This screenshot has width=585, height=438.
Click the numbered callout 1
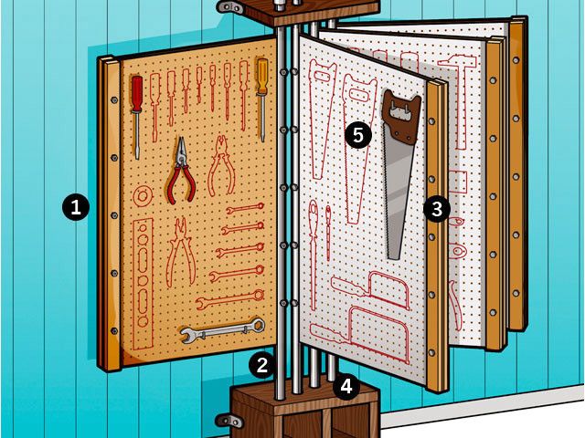pyautogui.click(x=76, y=207)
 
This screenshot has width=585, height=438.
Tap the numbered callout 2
pyautogui.click(x=262, y=365)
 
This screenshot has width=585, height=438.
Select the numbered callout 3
pyautogui.click(x=437, y=209)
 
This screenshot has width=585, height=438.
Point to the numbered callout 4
pyautogui.click(x=346, y=386)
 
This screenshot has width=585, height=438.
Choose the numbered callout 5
pyautogui.click(x=357, y=135)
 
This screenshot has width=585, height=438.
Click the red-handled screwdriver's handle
pyautogui.click(x=137, y=93)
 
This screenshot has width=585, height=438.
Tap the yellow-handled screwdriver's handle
pyautogui.click(x=262, y=76)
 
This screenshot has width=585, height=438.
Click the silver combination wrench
pyautogui.click(x=223, y=330)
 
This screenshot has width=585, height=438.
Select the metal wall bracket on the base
pyautogui.click(x=229, y=421)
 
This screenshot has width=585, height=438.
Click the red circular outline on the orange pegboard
pyautogui.click(x=143, y=196)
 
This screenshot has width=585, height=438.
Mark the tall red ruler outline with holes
pyautogui.click(x=143, y=285)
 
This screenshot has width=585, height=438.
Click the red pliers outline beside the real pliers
pyautogui.click(x=221, y=166)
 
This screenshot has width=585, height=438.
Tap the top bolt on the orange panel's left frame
pyautogui.click(x=113, y=99)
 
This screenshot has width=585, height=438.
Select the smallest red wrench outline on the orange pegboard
pyautogui.click(x=245, y=208)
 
